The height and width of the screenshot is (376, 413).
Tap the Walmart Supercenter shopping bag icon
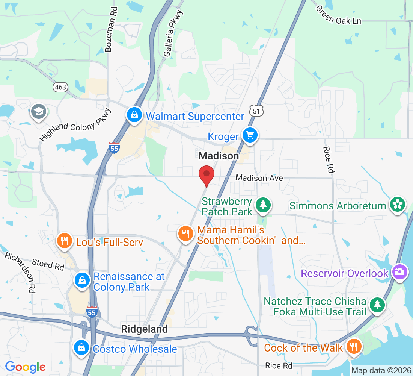coord(134,115)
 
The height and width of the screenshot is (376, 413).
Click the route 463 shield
coord(60,87)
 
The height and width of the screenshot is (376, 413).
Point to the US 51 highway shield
coord(256,111)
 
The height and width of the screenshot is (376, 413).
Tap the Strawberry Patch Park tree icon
coord(263,205)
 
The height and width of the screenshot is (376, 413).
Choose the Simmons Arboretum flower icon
coord(396,205)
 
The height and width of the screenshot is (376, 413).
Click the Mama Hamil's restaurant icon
coord(185,234)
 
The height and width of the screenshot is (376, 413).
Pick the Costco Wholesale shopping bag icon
coord(81,347)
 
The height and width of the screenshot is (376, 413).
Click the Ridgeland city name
coord(145,329)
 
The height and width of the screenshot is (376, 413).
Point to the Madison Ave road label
coord(259,178)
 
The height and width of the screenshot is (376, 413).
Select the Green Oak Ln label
coord(338,14)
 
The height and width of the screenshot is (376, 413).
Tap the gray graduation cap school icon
coord(39,112)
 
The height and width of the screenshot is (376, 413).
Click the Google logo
coord(25,366)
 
